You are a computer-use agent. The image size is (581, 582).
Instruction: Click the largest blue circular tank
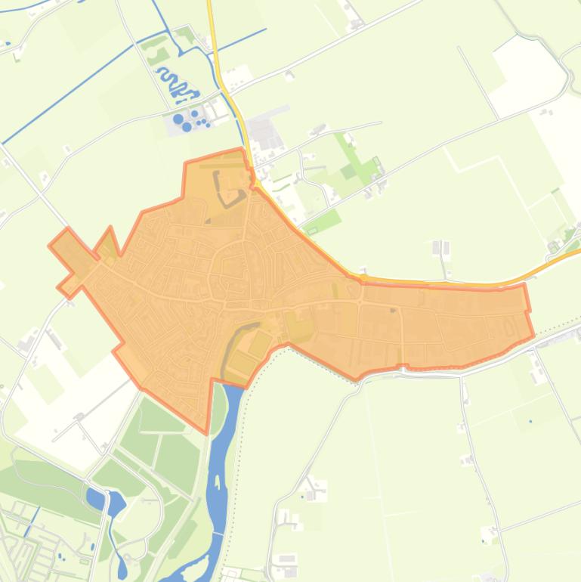click(178, 119)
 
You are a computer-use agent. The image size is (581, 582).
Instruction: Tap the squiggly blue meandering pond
click(175, 85)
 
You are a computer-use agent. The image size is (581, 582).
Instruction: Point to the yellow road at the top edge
click(210, 11)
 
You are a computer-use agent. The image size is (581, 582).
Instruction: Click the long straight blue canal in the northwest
click(76, 91)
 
